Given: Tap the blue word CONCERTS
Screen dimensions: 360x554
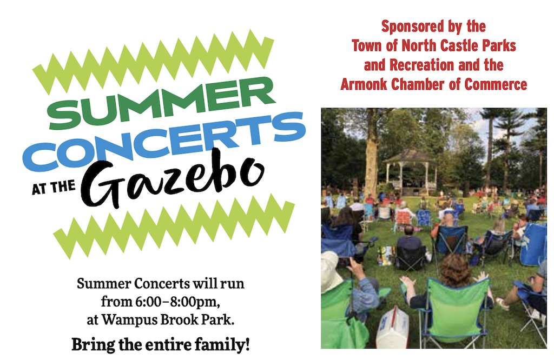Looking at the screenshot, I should [x=162, y=140].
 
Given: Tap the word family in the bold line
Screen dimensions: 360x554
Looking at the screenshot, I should [x=216, y=344].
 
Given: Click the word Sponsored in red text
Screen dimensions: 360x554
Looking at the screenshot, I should [x=411, y=26].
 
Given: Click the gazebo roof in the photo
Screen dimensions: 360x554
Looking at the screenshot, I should [x=409, y=156].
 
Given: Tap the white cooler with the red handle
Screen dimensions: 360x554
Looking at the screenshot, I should [x=393, y=328].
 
